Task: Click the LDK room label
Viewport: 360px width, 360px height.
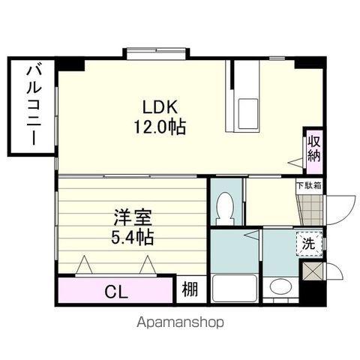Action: click(160, 107)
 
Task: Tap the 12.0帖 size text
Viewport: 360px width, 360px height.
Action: click(160, 127)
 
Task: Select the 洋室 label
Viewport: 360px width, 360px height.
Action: click(133, 217)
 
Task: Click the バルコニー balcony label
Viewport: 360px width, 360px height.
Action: click(34, 105)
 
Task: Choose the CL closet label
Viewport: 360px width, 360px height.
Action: click(116, 292)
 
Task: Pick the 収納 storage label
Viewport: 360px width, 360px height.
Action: click(313, 148)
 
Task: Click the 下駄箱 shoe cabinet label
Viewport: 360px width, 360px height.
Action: click(309, 186)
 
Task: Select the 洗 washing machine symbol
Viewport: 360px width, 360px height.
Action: click(309, 244)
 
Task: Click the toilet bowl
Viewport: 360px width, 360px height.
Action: click(226, 208)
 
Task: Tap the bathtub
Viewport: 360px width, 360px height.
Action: click(235, 289)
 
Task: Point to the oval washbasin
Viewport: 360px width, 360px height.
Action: click(281, 286)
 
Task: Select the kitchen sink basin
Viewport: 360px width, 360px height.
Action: click(247, 114)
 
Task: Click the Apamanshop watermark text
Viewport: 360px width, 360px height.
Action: click(180, 323)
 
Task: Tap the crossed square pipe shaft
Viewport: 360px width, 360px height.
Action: click(312, 271)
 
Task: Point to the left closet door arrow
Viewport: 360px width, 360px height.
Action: click(84, 264)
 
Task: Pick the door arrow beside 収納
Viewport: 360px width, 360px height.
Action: click(295, 162)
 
